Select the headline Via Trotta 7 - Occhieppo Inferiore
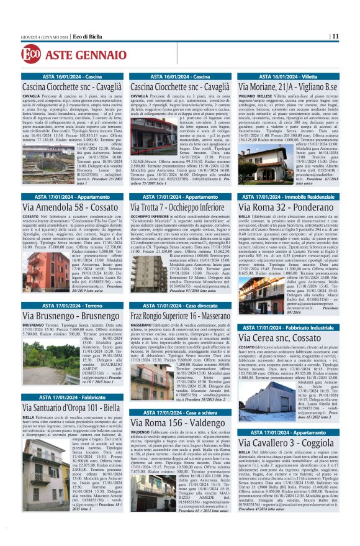[x=178, y=206]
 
